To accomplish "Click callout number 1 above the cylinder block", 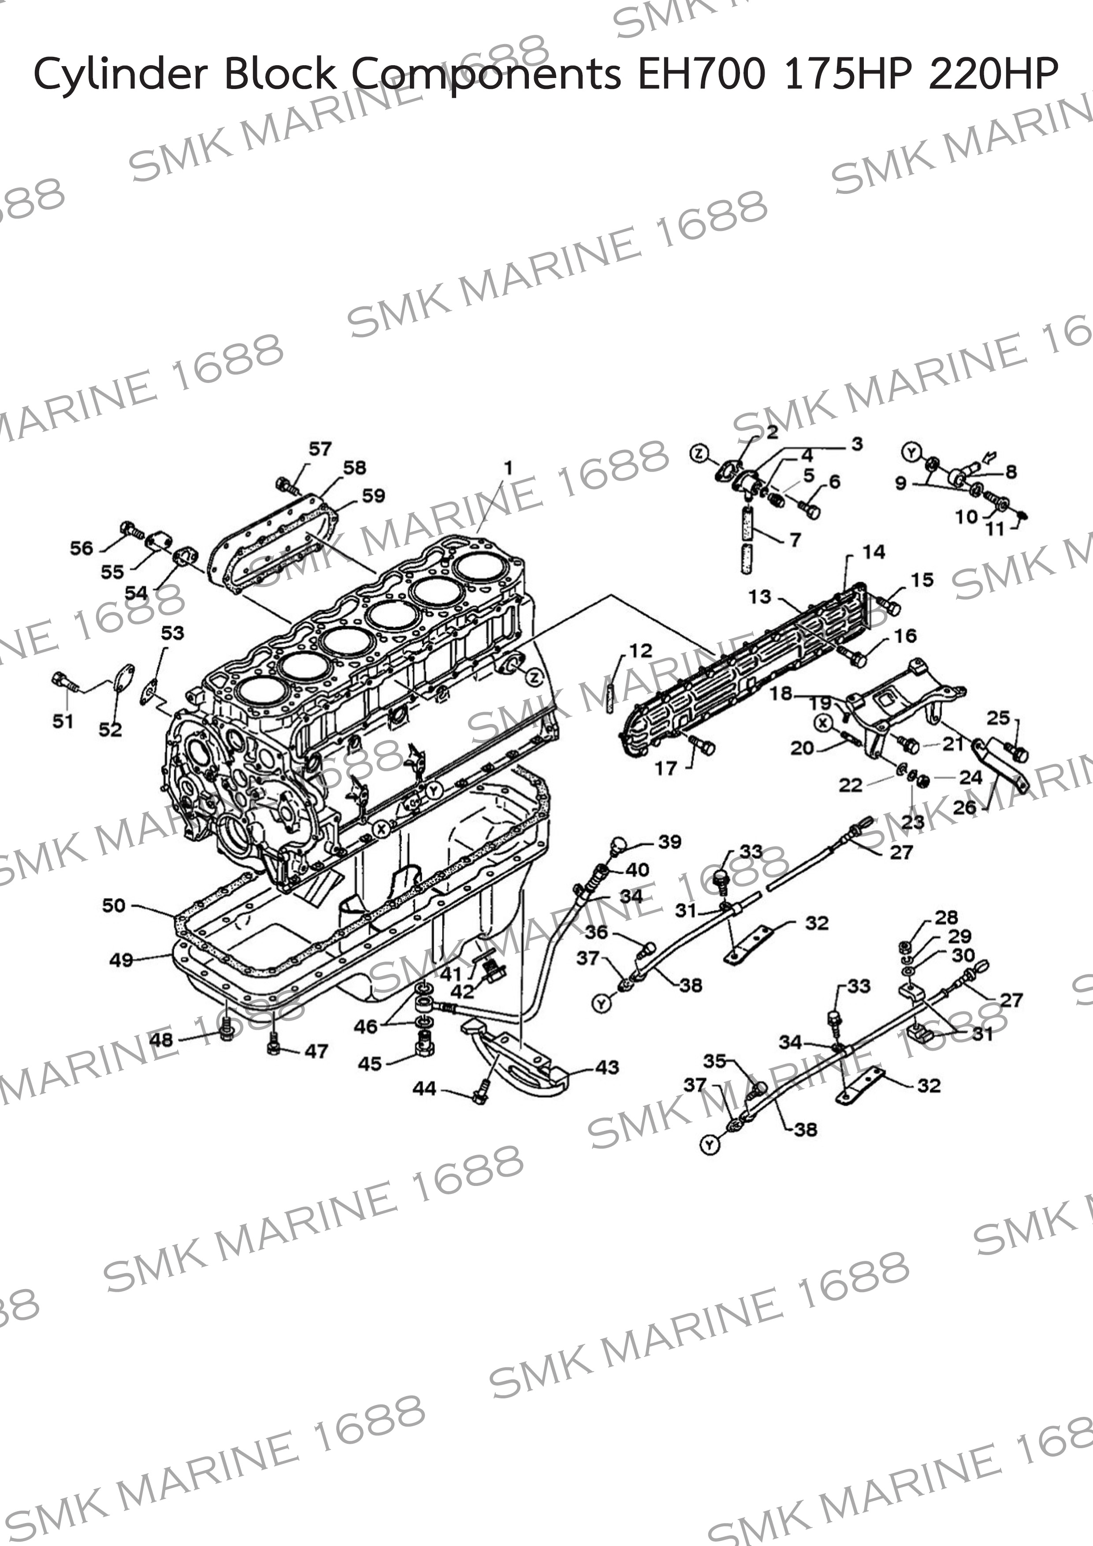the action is [509, 467].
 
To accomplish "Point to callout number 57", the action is [320, 449].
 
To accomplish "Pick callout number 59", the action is [374, 496].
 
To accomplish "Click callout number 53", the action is [172, 632].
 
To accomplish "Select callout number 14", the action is [874, 552].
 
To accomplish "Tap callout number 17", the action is [666, 768].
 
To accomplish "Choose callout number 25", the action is [999, 718].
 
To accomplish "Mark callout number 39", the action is [669, 842].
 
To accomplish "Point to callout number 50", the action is [114, 906].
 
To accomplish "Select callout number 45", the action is [370, 1063].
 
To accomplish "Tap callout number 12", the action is [640, 650].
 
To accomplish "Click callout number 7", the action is [796, 540].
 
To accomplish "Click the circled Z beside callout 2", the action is [699, 454].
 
